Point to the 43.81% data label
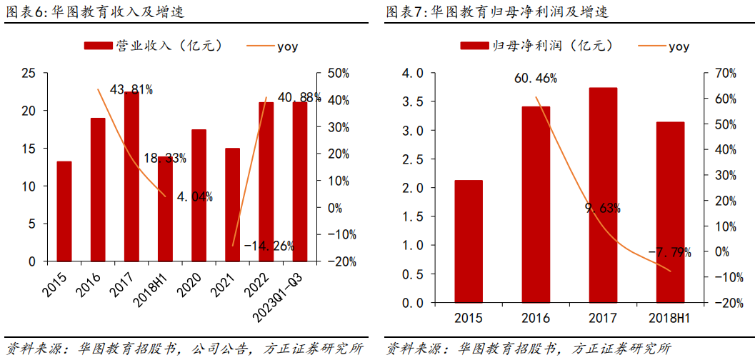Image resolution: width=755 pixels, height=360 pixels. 131,89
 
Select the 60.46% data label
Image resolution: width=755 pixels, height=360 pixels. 536,78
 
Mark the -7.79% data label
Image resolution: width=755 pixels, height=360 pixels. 669,252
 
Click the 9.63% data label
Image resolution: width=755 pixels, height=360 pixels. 603,209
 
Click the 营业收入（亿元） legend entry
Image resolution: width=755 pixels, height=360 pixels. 154,46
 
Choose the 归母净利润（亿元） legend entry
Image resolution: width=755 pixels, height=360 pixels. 536,46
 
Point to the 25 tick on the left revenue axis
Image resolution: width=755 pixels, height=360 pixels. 29,73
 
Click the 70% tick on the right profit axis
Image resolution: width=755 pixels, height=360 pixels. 716,73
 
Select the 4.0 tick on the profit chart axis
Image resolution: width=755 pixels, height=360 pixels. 412,73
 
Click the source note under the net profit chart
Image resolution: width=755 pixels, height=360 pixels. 529,349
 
